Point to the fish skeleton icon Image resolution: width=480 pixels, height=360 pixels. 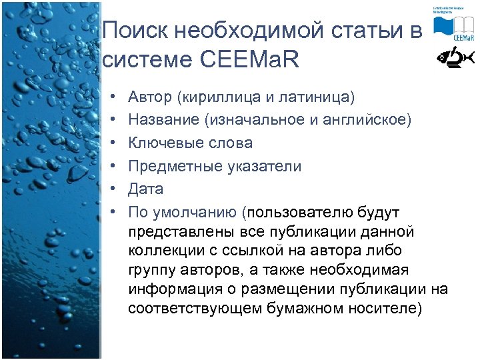coord(455,59)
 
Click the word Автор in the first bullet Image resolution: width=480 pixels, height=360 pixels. coord(151,97)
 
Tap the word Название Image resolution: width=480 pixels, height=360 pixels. coord(164,120)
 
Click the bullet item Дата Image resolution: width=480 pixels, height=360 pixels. coord(146,189)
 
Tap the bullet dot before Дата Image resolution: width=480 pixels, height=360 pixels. coord(114,189)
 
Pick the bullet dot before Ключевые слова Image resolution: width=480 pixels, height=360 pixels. coord(114,143)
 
